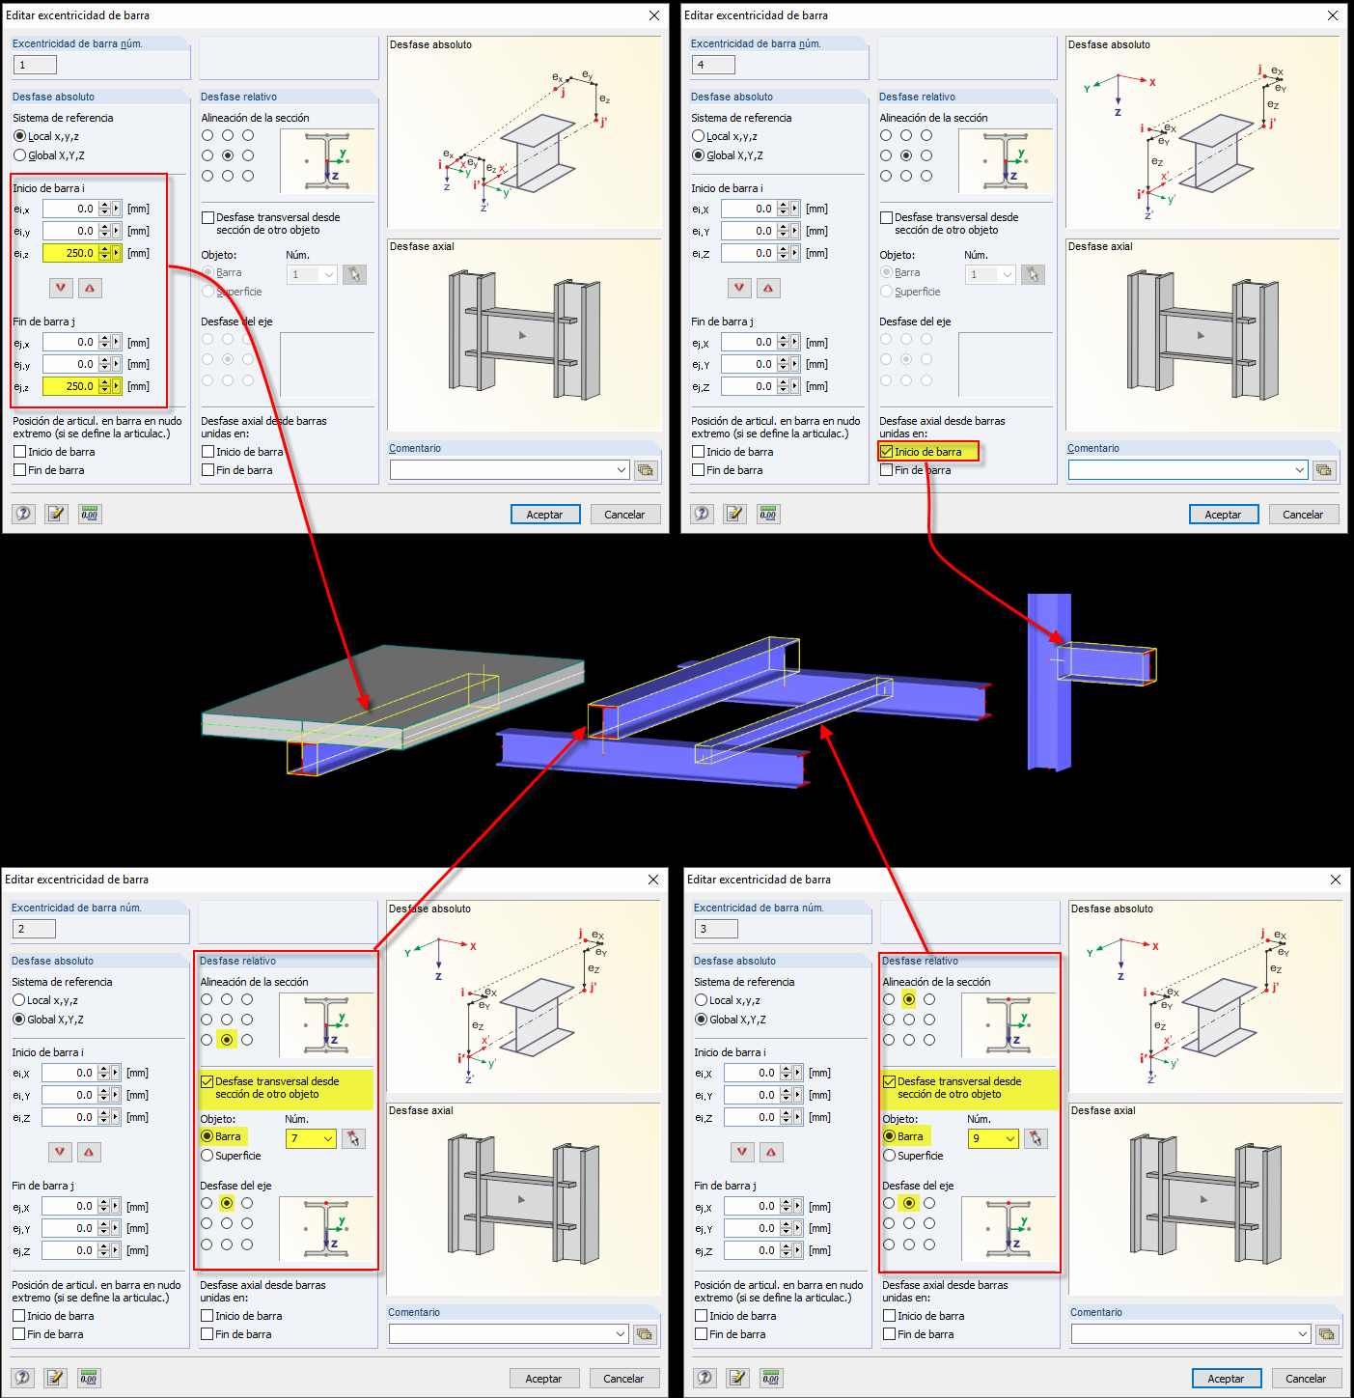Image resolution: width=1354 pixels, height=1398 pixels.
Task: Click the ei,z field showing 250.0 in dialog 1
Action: click(70, 253)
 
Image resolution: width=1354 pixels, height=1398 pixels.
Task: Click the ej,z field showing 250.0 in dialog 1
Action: click(70, 386)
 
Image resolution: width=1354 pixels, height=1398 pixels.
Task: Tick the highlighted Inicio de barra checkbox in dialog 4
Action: click(887, 452)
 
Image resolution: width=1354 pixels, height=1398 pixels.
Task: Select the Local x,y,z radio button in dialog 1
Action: click(20, 136)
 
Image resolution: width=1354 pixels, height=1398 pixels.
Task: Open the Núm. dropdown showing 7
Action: click(310, 1138)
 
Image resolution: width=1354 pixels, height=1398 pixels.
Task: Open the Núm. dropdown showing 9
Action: click(992, 1138)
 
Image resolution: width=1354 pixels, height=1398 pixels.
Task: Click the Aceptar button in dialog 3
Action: click(1227, 1379)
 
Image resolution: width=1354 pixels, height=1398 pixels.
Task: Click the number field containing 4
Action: click(713, 65)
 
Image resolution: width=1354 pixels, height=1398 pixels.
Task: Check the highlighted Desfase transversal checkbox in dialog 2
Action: click(207, 1082)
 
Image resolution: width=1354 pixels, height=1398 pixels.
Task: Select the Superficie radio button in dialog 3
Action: click(890, 1156)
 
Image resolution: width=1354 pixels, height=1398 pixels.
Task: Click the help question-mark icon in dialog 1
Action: click(23, 514)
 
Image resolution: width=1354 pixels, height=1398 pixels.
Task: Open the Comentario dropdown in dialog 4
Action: click(1299, 470)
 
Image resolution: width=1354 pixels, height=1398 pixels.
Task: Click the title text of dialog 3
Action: click(759, 880)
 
